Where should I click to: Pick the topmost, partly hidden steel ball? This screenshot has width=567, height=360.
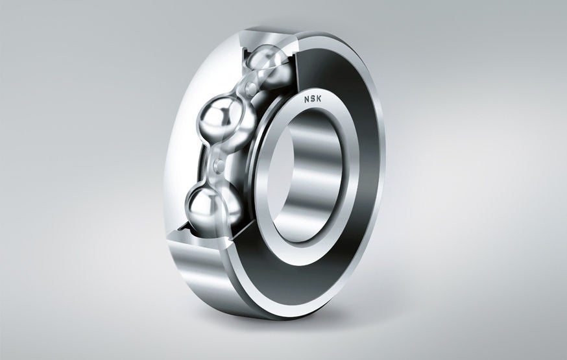[270, 65]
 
